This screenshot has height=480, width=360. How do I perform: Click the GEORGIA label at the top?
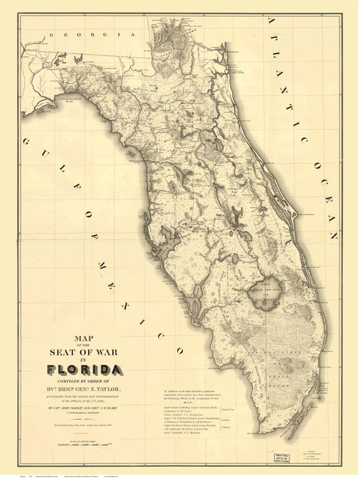coord(74,34)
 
